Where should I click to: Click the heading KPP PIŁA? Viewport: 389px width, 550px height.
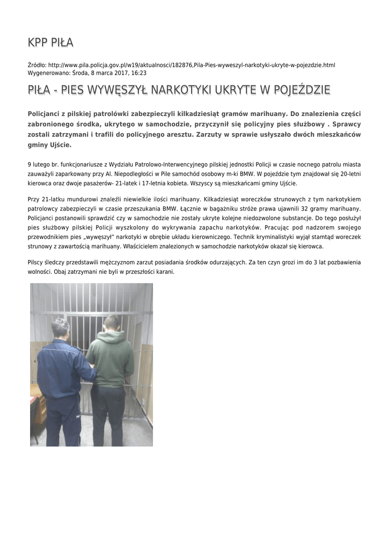(x=50, y=43)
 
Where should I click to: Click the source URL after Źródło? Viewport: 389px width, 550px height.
(x=192, y=65)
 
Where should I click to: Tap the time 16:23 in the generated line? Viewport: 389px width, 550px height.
(x=139, y=73)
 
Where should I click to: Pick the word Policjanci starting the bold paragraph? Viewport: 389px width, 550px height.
(x=47, y=114)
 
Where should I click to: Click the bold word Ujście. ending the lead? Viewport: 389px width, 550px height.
(x=60, y=144)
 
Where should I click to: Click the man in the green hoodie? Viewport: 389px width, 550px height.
(x=111, y=360)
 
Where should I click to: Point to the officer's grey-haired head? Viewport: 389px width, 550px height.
(x=60, y=328)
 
